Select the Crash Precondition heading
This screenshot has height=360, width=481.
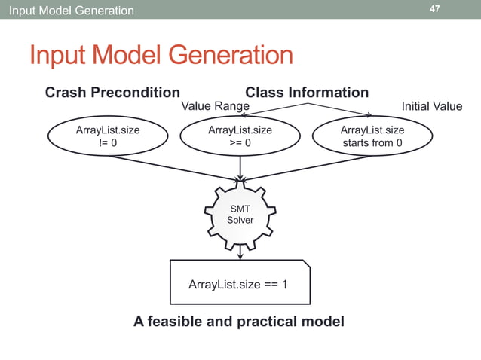tap(112, 93)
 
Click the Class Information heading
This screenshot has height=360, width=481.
tap(307, 93)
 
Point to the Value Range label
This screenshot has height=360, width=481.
tap(216, 106)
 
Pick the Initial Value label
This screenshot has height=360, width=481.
tap(431, 106)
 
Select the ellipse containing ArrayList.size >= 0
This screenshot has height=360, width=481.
tap(240, 136)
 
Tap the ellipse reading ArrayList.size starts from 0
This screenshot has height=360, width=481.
tap(372, 136)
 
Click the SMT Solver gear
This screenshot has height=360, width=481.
tap(240, 214)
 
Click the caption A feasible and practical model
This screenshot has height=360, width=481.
tap(239, 322)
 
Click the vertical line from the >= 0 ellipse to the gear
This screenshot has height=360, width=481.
tap(240, 166)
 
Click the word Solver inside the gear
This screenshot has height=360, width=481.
tap(240, 220)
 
